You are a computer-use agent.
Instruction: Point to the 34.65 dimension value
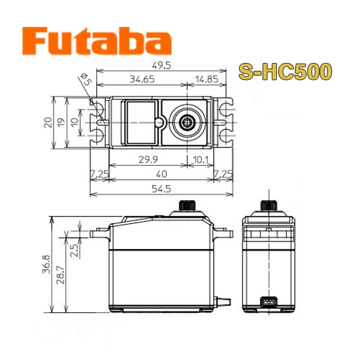click(142, 80)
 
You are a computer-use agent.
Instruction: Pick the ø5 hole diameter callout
click(85, 79)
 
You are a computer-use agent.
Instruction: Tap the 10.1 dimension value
click(200, 160)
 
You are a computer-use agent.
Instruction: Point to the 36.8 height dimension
click(46, 264)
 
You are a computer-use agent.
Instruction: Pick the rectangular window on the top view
click(139, 121)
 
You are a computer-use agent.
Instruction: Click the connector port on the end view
click(268, 302)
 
